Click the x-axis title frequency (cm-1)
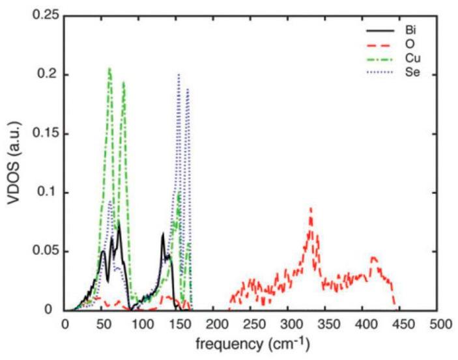[253, 344]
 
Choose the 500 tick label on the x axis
[440, 324]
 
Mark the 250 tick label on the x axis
[252, 324]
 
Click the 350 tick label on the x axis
[327, 324]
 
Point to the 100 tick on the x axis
[139, 324]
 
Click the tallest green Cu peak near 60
[109, 68]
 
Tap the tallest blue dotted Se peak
[179, 75]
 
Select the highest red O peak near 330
[311, 208]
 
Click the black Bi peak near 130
[163, 234]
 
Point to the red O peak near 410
[373, 257]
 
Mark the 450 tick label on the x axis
[402, 324]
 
